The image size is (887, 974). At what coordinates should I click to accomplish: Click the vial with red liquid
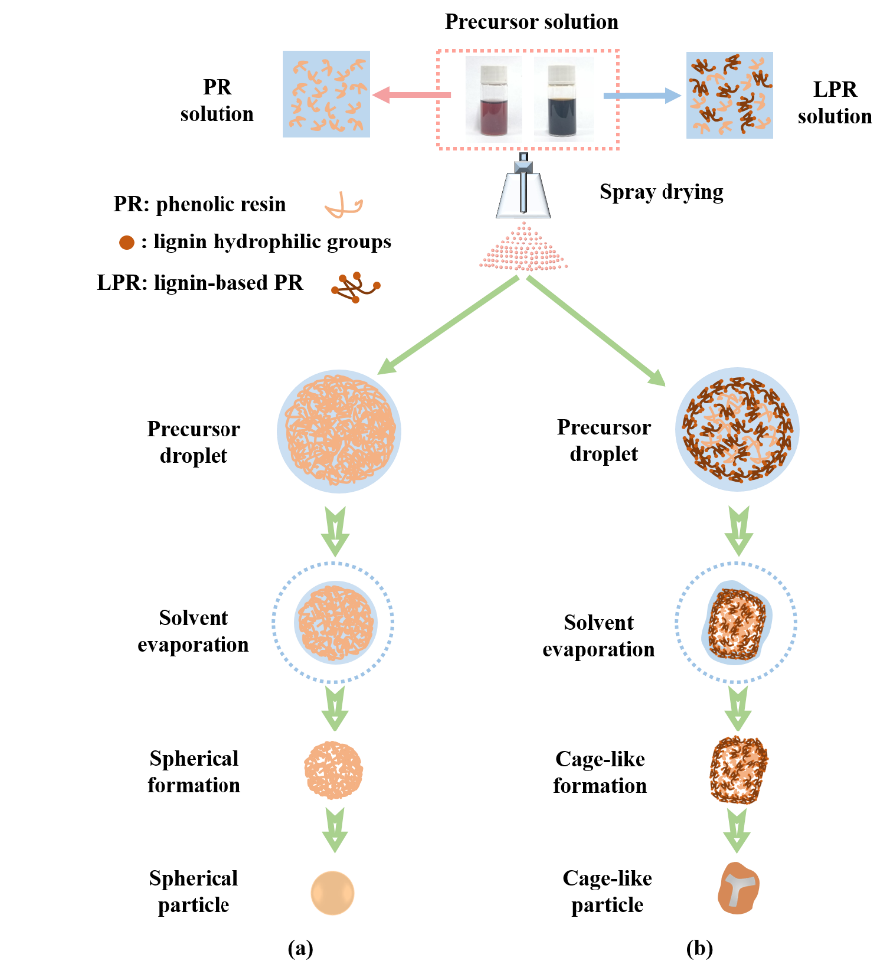[493, 99]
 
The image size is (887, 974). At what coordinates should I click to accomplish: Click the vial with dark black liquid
[564, 99]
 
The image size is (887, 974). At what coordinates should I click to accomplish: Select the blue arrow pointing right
[642, 96]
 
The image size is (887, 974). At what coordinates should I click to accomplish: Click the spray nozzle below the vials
[524, 190]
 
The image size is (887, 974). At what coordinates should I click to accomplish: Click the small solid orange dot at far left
[127, 243]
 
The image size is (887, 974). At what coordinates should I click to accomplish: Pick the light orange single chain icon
[343, 206]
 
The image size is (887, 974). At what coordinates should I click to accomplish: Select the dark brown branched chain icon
[355, 287]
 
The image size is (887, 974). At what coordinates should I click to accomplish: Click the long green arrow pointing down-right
[596, 330]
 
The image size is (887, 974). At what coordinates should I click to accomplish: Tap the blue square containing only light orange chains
[326, 94]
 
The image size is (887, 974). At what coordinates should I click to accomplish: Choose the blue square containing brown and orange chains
[729, 95]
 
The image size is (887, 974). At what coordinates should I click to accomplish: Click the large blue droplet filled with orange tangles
[339, 431]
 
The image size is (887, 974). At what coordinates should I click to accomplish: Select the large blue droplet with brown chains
[738, 430]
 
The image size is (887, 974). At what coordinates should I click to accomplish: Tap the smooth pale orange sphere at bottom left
[332, 893]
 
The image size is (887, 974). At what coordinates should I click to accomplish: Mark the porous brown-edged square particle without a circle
[738, 770]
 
